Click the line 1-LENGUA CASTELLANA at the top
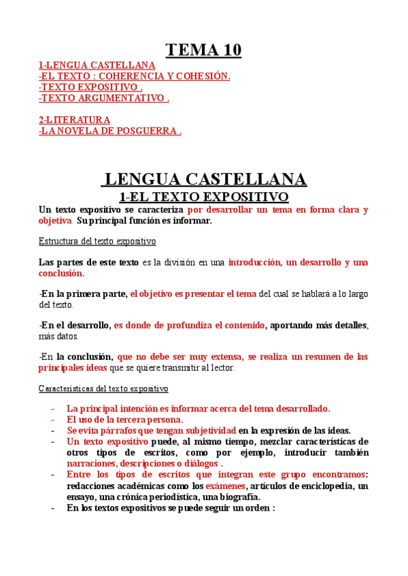92,65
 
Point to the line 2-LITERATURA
74,120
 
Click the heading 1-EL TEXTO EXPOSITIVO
204,197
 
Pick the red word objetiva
55,221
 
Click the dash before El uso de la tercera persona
53,420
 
